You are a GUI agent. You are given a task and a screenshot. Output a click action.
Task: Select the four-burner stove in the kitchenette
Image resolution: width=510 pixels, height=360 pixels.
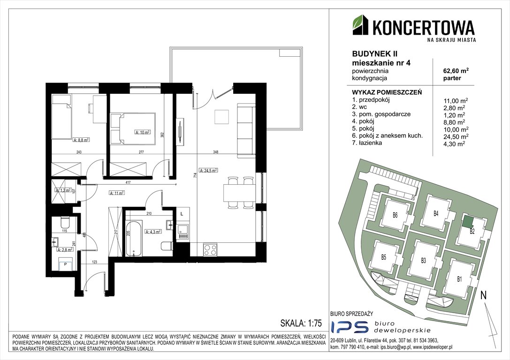tap(209, 250)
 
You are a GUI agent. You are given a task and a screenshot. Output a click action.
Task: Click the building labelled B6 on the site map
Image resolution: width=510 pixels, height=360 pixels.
tap(395, 216)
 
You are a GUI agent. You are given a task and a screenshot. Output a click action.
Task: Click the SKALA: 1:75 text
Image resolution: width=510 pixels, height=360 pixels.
tap(299, 323)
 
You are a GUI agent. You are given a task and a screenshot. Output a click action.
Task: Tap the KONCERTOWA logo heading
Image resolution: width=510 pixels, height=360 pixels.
tap(423, 27)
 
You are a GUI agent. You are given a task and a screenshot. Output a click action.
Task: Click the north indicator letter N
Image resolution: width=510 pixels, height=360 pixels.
tap(483, 295)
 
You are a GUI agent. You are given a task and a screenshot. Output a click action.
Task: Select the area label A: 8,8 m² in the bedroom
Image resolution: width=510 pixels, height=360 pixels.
tap(81, 139)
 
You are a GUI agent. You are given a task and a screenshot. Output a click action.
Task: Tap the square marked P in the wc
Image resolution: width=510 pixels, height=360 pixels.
tap(65, 265)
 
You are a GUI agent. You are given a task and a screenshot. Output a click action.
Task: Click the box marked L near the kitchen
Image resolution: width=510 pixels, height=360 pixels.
tap(182, 214)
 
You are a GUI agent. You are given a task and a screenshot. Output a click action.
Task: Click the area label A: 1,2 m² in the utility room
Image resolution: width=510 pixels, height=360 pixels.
tap(62, 191)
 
